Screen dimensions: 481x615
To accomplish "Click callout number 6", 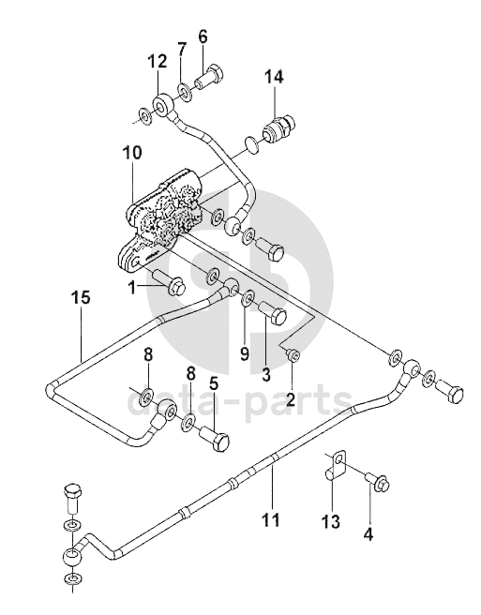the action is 203,37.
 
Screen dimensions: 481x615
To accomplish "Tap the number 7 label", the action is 181,50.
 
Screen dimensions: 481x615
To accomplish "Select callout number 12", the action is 158,62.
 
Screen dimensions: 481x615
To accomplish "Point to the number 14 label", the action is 273,77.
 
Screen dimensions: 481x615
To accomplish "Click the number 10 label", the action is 131,154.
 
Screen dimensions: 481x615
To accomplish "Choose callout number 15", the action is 81,297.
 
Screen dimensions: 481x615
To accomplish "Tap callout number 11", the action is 271,519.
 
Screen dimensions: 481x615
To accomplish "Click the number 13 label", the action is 330,521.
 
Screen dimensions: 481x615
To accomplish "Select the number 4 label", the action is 368,533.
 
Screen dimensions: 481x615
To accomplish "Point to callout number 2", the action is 291,399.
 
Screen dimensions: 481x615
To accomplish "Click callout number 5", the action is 214,383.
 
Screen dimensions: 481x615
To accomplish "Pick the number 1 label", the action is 132,289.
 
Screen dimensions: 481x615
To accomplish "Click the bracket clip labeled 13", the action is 336,465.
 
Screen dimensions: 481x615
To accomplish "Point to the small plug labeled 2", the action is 293,355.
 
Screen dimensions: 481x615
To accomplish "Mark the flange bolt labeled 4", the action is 378,481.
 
